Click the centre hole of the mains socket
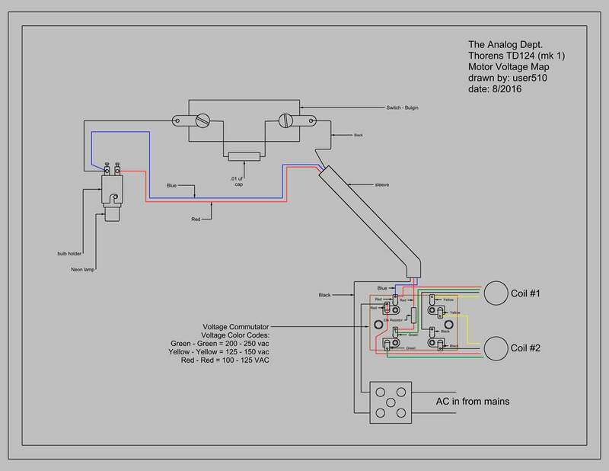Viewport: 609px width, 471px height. [x=391, y=402]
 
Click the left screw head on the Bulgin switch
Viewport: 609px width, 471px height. [x=203, y=120]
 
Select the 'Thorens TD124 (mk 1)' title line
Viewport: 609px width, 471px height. [x=506, y=56]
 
